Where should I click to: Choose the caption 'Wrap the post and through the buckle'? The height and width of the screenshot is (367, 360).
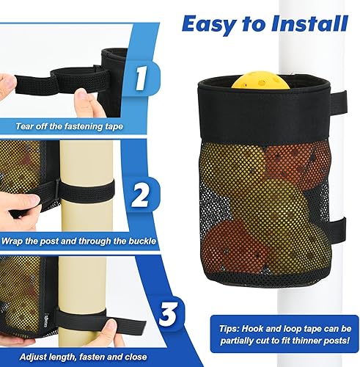tap(82, 239)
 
